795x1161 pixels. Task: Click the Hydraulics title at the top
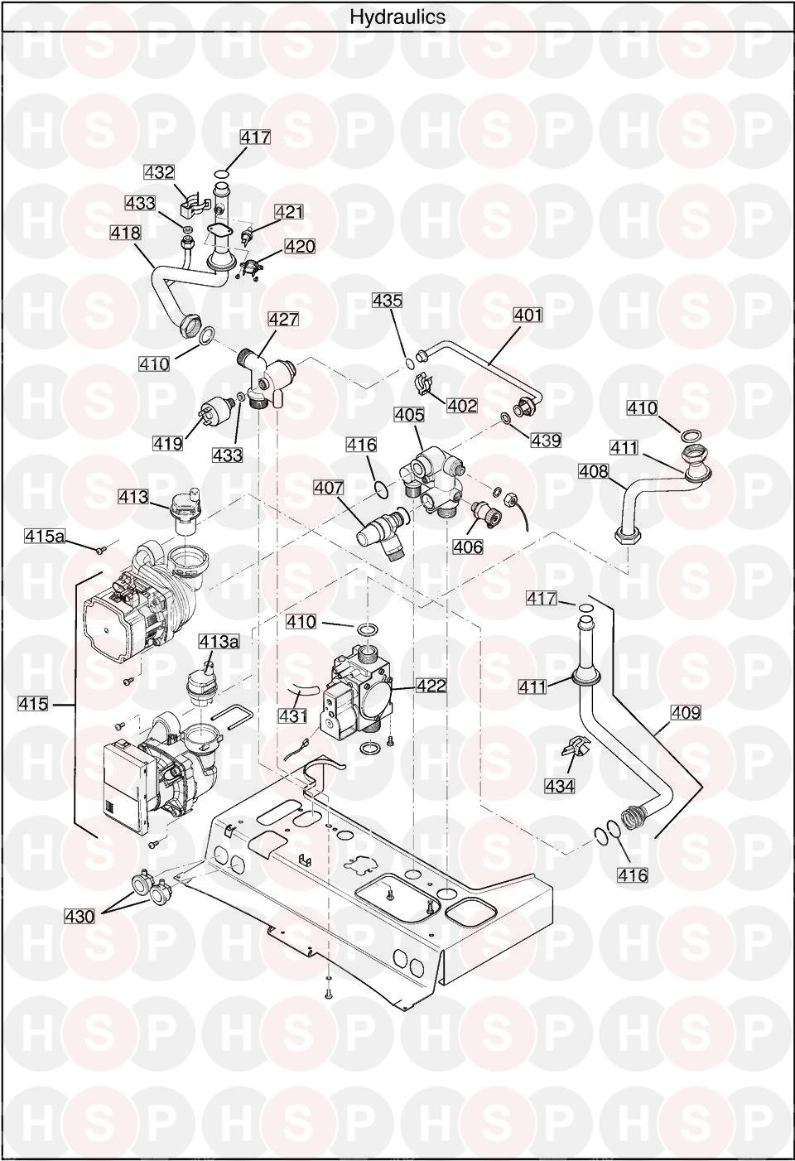397,17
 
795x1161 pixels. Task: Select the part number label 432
159,172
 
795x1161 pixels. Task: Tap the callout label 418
126,234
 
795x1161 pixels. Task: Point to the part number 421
289,212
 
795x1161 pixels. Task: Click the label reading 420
300,247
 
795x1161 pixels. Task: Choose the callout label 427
283,320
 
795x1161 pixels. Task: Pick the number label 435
387,301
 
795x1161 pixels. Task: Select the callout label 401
528,315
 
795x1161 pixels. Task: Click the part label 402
462,406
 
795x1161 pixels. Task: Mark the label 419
167,443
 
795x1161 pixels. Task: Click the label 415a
44,537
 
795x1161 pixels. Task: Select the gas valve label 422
431,686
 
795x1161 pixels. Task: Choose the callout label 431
291,715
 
